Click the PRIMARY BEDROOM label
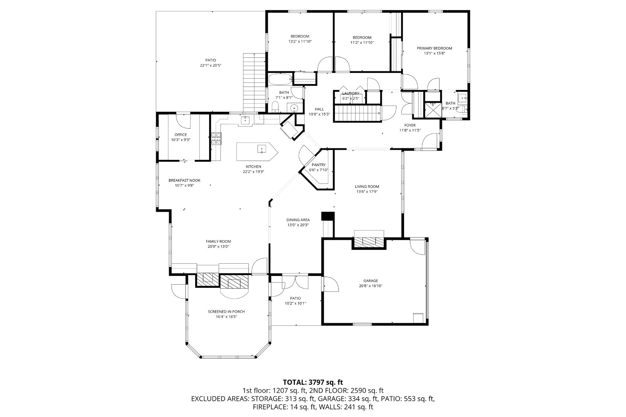434,48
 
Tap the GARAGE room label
371,281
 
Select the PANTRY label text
319,165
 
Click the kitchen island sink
261,149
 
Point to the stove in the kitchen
216,139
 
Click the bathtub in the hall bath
280,80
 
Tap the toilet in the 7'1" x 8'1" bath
274,107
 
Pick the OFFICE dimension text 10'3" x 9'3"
180,140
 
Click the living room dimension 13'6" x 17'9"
367,191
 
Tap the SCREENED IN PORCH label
226,312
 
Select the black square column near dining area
328,216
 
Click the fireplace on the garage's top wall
369,241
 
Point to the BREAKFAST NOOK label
184,180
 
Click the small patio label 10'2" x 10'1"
295,303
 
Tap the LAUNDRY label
350,93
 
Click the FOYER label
410,125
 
